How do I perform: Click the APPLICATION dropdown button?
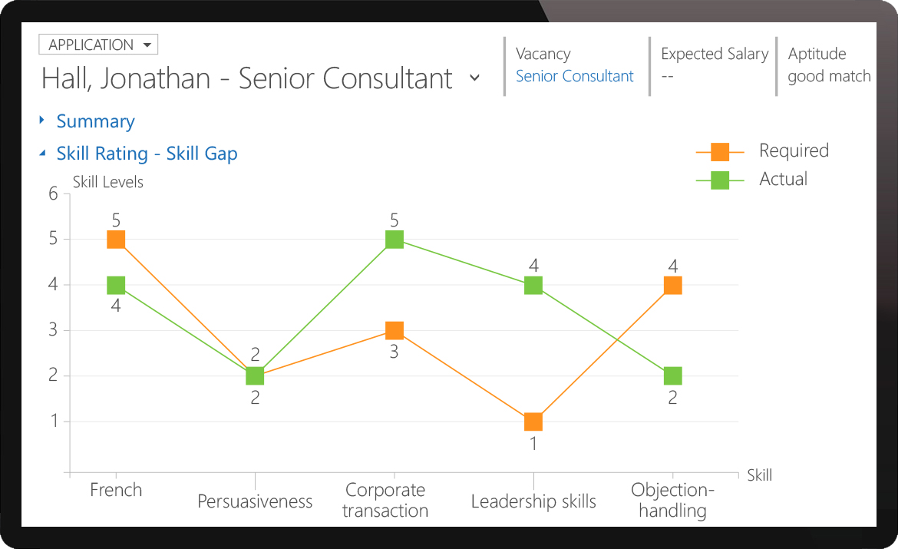(98, 45)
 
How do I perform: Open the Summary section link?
(95, 121)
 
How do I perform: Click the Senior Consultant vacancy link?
(574, 76)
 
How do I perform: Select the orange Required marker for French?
(116, 240)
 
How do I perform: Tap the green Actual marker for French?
(116, 286)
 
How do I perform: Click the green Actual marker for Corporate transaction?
(394, 240)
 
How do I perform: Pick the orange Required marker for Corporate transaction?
(394, 331)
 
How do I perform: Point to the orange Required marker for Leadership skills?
(533, 422)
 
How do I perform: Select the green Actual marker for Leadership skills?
(533, 286)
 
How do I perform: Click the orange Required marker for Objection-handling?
(672, 286)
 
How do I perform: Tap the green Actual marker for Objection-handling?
(672, 376)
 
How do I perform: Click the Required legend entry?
(794, 150)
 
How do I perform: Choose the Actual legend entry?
(783, 179)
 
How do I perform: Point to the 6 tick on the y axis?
(54, 193)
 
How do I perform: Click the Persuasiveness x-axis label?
(255, 501)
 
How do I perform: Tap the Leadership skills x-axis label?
(533, 501)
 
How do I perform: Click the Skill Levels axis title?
(107, 182)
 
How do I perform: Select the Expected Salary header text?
(715, 54)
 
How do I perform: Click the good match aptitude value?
(829, 76)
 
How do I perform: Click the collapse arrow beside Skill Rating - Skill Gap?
(42, 154)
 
